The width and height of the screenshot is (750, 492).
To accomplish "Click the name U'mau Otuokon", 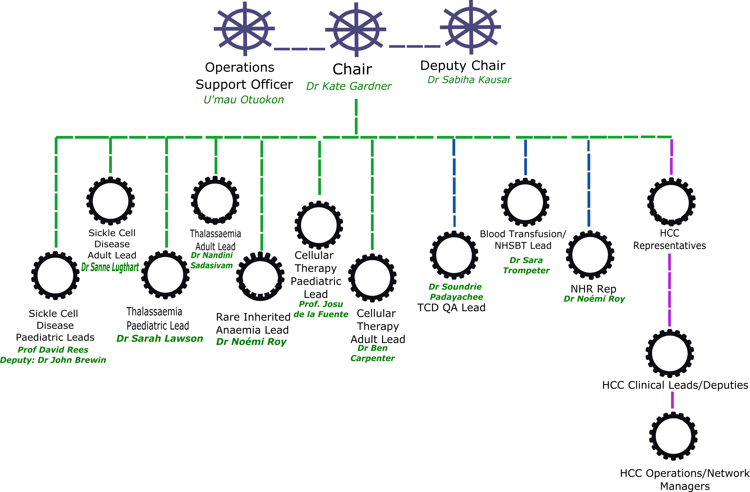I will (244, 100).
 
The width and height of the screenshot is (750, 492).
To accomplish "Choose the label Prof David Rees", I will (53, 350).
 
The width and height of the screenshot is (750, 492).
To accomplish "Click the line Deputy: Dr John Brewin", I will (53, 360).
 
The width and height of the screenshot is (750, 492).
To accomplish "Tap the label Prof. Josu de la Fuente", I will (321, 309).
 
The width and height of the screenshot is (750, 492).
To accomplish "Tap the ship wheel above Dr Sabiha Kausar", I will (471, 27).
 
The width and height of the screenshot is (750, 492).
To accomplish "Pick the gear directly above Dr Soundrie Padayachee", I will (454, 255).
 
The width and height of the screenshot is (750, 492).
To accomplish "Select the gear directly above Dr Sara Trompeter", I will (525, 202).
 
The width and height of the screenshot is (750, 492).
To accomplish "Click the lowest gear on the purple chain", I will (673, 436).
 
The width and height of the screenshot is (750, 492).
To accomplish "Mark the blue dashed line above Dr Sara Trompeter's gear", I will (525, 157).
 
